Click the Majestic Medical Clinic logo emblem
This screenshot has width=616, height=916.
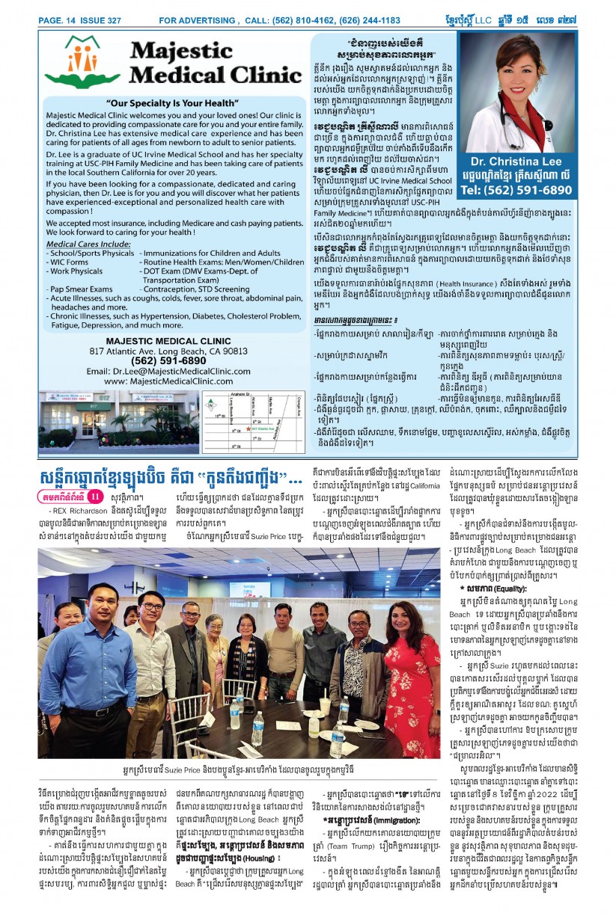click(82, 62)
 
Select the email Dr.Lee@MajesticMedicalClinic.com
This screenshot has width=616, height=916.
click(179, 371)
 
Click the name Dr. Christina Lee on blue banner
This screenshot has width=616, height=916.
click(516, 161)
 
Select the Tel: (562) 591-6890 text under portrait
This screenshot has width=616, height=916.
click(516, 190)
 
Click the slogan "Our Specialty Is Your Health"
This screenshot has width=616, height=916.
click(172, 102)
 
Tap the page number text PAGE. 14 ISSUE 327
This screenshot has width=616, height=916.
click(80, 20)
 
